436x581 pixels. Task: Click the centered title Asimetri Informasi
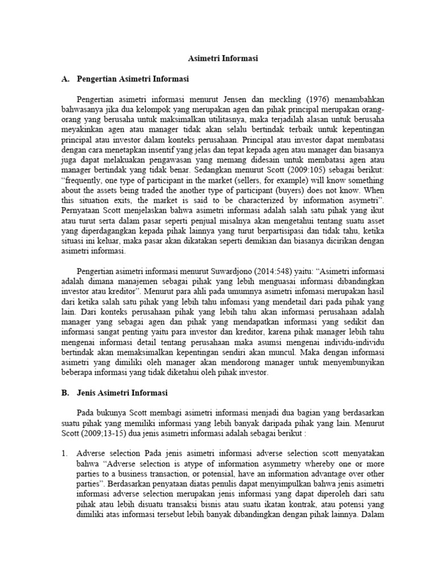click(223, 58)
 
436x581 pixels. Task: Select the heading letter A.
click(65, 78)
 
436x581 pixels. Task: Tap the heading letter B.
click(65, 392)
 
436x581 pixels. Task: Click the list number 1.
click(65, 453)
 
